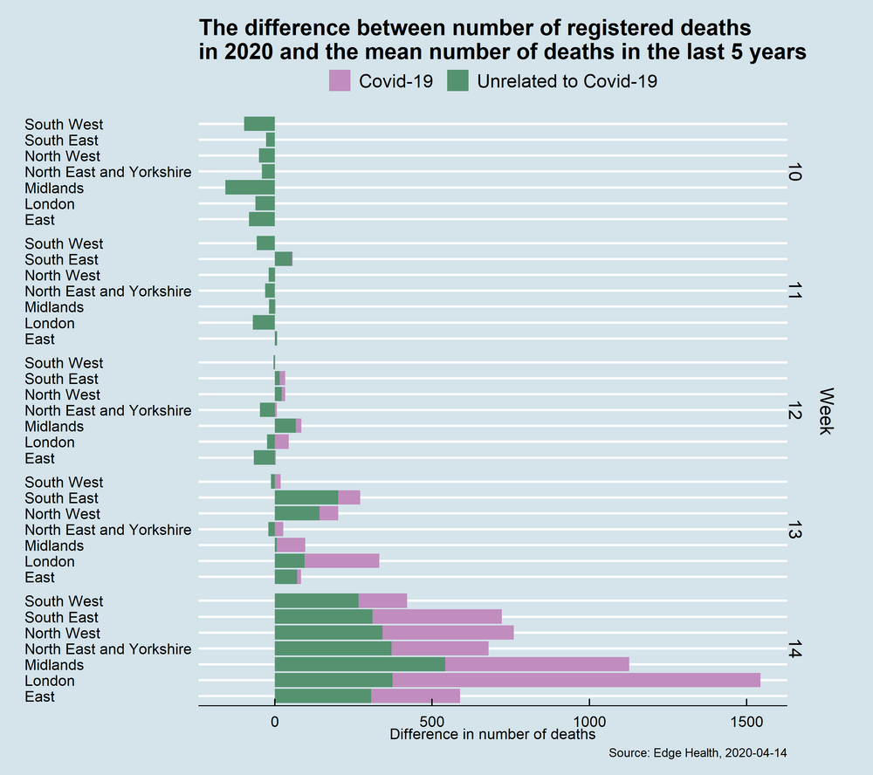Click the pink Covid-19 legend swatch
point(340,81)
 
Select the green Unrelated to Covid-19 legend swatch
point(457,81)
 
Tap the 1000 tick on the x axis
point(589,722)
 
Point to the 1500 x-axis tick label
point(746,722)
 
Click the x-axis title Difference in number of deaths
point(493,735)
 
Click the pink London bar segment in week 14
point(576,681)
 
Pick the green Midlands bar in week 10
point(250,188)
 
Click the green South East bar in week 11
point(284,259)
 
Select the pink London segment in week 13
point(341,561)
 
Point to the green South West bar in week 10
point(259,124)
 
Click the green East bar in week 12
point(265,458)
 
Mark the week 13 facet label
point(794,533)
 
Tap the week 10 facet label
point(794,172)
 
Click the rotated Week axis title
point(826,410)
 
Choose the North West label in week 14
point(62,633)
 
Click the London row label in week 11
point(49,323)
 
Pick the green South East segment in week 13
point(306,497)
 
